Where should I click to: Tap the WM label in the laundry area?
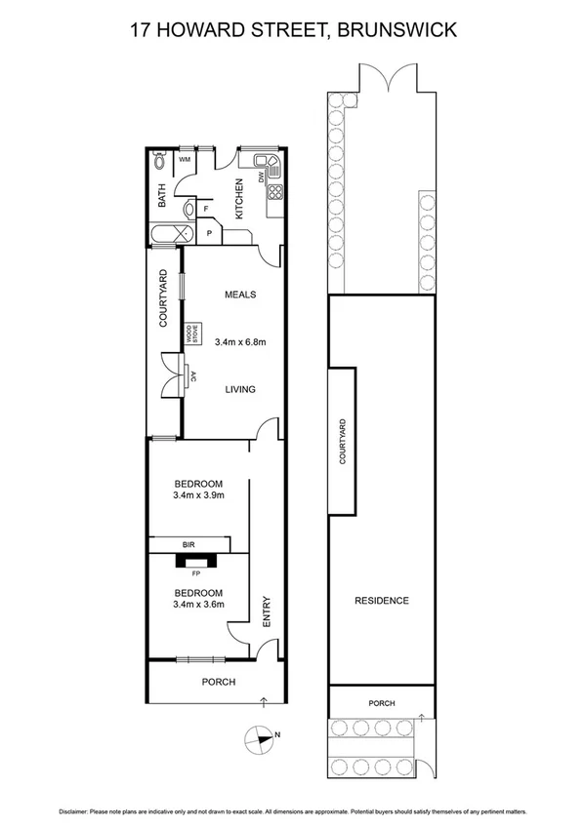click(183, 161)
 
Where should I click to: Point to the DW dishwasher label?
click(262, 177)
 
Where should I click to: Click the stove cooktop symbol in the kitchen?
click(275, 191)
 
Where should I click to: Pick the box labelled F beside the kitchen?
click(206, 208)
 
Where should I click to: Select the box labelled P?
click(210, 234)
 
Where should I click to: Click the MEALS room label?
click(239, 294)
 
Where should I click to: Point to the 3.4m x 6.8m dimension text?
click(241, 341)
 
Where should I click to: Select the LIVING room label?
click(240, 389)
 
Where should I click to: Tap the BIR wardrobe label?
click(189, 545)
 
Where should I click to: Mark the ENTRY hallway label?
click(266, 611)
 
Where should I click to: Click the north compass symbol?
click(263, 737)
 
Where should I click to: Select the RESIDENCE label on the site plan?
click(381, 600)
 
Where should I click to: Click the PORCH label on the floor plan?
click(218, 682)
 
